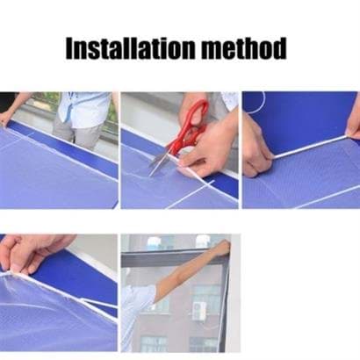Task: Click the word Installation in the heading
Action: point(130,48)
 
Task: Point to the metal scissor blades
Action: point(160,162)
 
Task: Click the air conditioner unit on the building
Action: point(199,311)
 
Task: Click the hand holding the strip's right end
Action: point(353,126)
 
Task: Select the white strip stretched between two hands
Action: point(310,147)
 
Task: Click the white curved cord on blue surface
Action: point(257,104)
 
